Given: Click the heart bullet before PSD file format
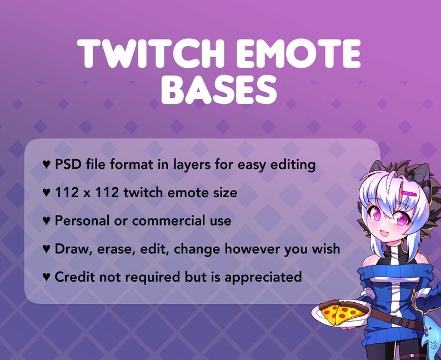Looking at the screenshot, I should pos(47,165).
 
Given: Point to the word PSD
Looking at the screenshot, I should pos(68,164).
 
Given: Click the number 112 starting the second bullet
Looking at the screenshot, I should pos(66,193).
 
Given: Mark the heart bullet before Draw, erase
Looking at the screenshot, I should pos(47,249).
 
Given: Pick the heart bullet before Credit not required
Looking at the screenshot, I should pos(47,277).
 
